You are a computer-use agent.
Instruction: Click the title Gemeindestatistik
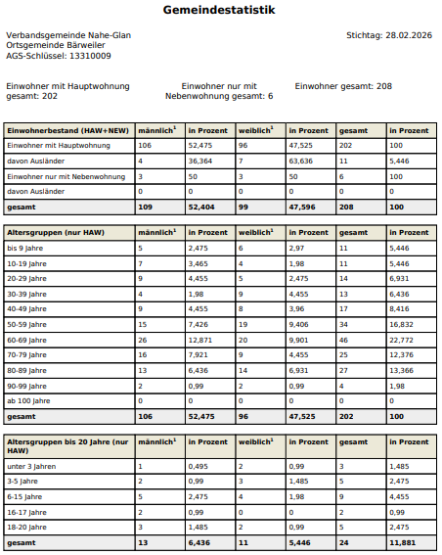click(x=220, y=11)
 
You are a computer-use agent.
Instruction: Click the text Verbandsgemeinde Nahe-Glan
click(x=68, y=35)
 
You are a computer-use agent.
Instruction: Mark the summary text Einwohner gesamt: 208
click(x=343, y=86)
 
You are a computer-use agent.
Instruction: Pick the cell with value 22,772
click(x=403, y=338)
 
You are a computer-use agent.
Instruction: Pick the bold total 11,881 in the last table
click(x=403, y=541)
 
